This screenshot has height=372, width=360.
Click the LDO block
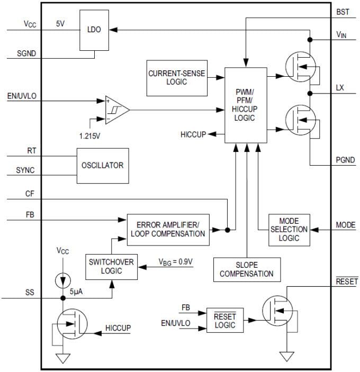click(94, 30)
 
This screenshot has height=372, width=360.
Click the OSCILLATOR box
click(102, 165)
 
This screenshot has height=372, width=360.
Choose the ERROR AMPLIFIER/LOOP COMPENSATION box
click(168, 230)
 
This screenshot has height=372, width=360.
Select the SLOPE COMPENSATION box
click(246, 269)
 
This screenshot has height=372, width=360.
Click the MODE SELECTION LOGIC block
click(289, 229)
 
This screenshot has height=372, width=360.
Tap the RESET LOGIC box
click(225, 321)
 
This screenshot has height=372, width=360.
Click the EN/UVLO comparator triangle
click(114, 110)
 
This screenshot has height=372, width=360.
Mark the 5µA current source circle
click(63, 278)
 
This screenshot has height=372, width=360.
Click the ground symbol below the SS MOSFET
click(63, 358)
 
